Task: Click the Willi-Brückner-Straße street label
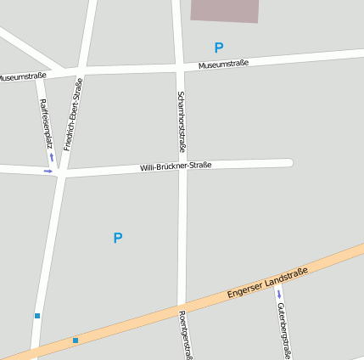pyautogui.click(x=176, y=166)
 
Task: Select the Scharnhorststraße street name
pyautogui.click(x=182, y=121)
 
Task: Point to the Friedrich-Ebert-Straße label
pyautogui.click(x=73, y=114)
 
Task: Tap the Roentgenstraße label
pyautogui.click(x=183, y=334)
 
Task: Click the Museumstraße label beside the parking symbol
pyautogui.click(x=223, y=65)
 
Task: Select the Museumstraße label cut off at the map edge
pyautogui.click(x=22, y=76)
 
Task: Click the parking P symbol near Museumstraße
pyautogui.click(x=219, y=48)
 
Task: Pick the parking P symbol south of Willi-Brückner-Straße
pyautogui.click(x=117, y=239)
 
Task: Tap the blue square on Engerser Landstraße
pyautogui.click(x=76, y=340)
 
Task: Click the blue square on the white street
pyautogui.click(x=37, y=316)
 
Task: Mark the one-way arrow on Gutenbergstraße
pyautogui.click(x=278, y=295)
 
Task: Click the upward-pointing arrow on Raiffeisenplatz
pyautogui.click(x=51, y=157)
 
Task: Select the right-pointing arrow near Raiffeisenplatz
pyautogui.click(x=48, y=172)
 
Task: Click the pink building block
pyautogui.click(x=225, y=10)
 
